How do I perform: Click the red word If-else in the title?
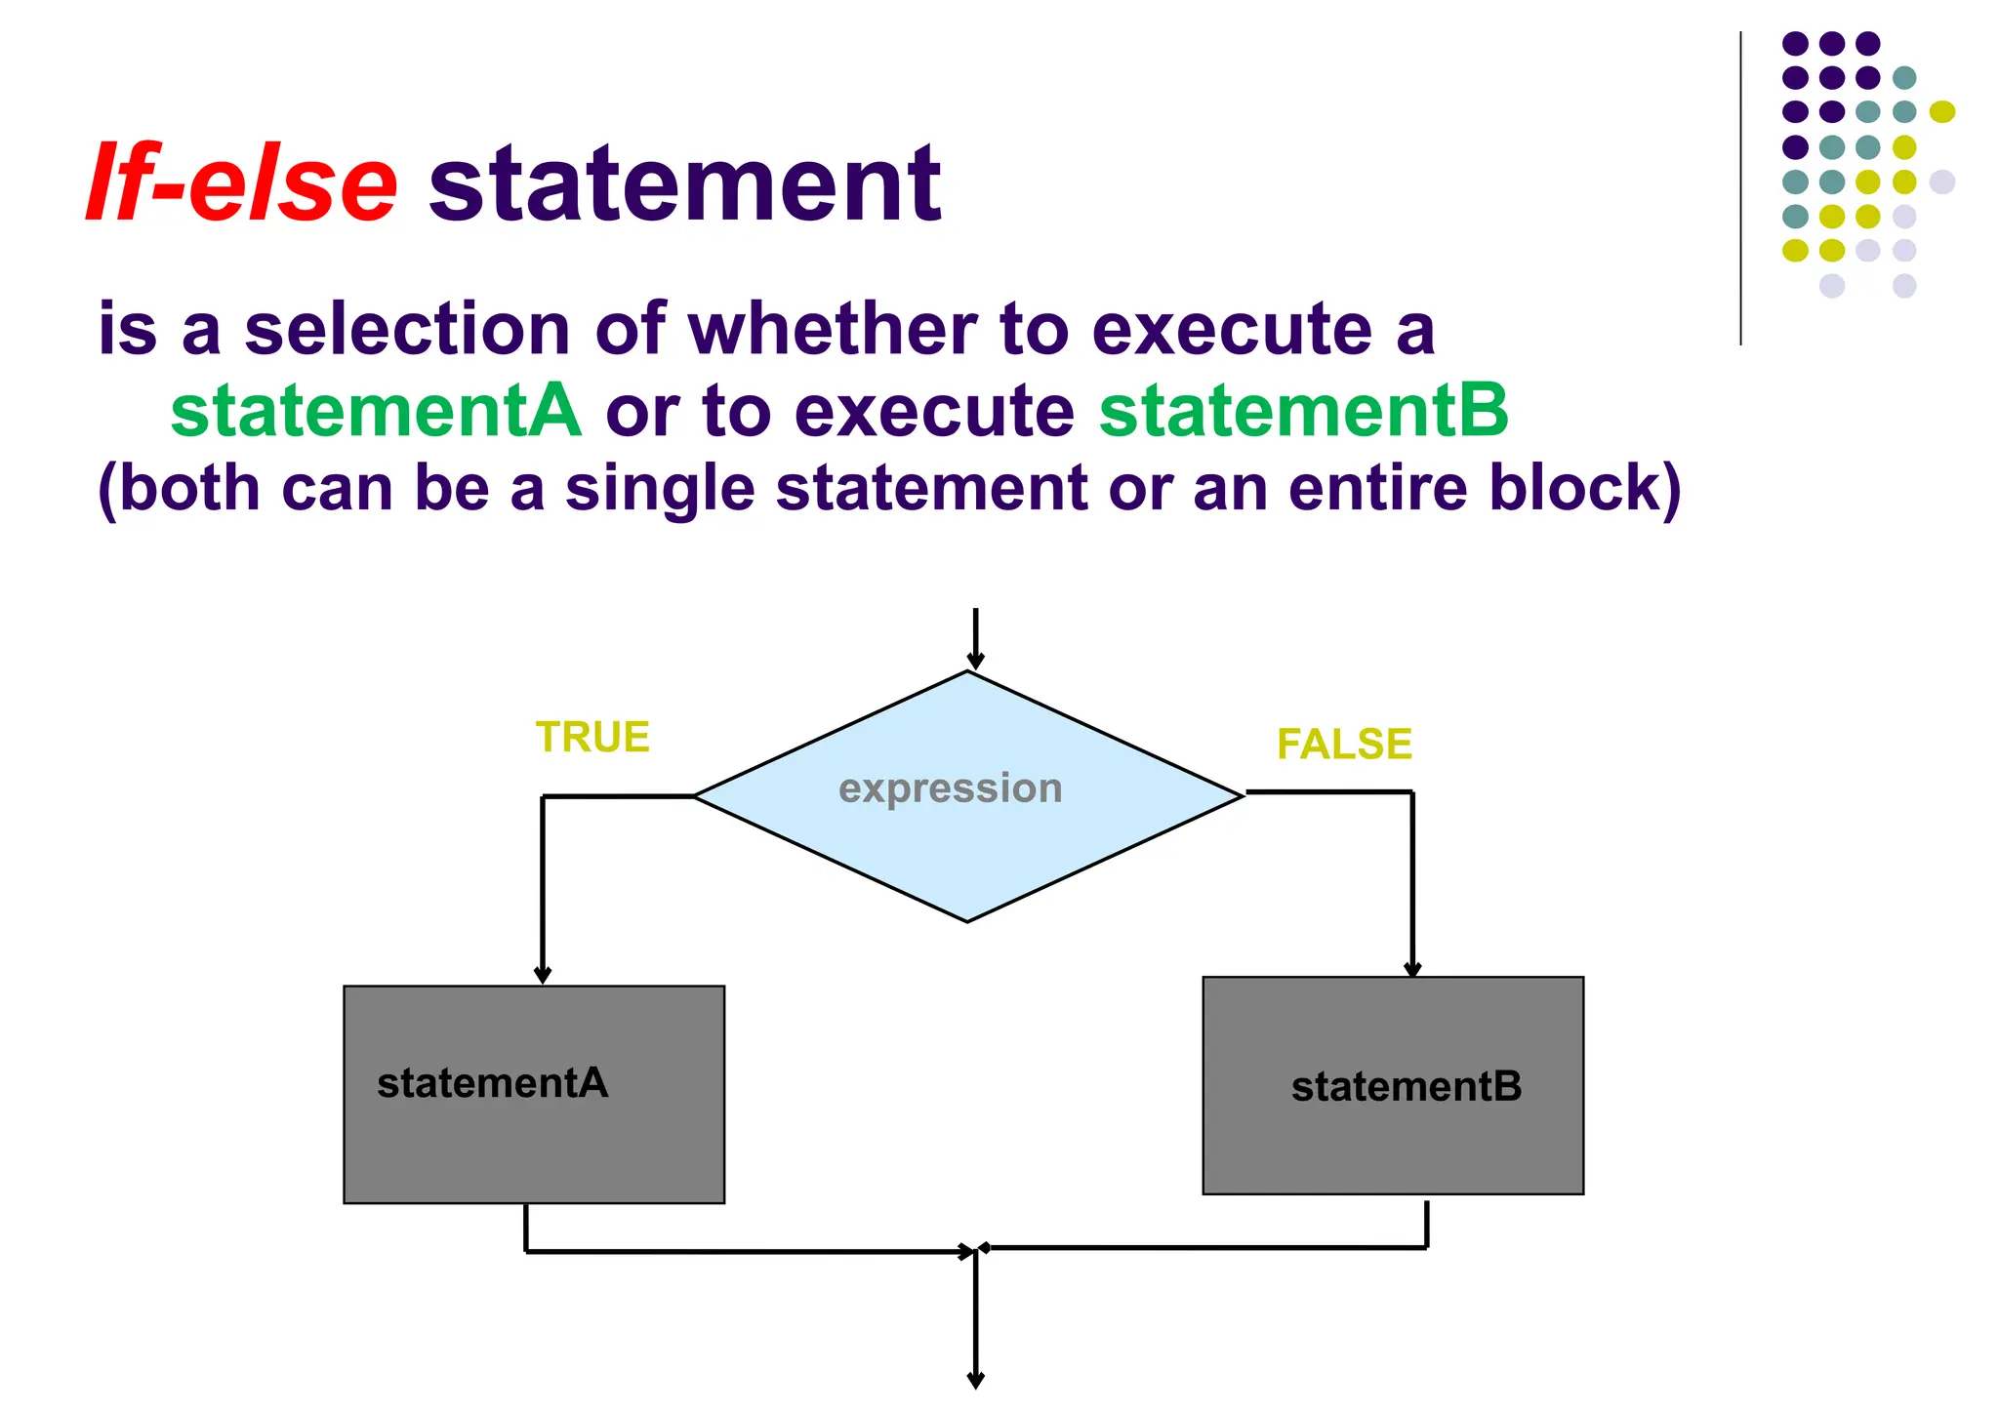point(242,183)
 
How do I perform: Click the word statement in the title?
point(684,183)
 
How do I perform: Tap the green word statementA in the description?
point(376,411)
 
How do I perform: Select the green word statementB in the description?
point(1303,411)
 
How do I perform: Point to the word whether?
point(832,329)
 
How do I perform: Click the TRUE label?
point(592,738)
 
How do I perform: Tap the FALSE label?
point(1344,745)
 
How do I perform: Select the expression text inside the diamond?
point(950,788)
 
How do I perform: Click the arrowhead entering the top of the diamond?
point(975,662)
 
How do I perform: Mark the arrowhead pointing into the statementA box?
point(543,975)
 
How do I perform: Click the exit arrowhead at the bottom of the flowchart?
point(975,1380)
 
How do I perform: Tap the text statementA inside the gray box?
point(493,1083)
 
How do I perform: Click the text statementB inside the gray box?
point(1406,1087)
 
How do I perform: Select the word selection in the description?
point(407,329)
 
